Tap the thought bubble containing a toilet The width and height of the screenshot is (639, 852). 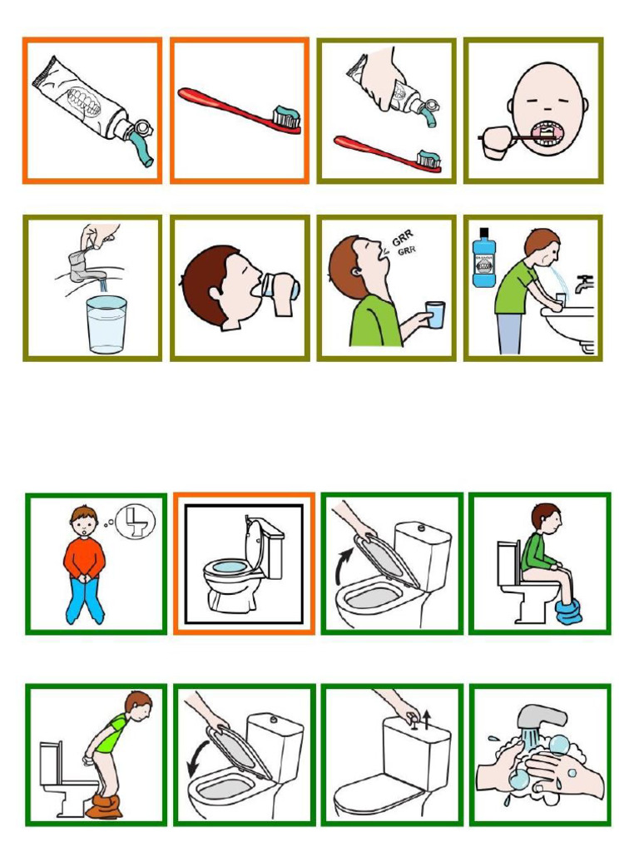click(134, 522)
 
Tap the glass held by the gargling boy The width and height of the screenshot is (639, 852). click(433, 315)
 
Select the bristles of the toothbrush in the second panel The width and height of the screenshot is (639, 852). click(287, 121)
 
